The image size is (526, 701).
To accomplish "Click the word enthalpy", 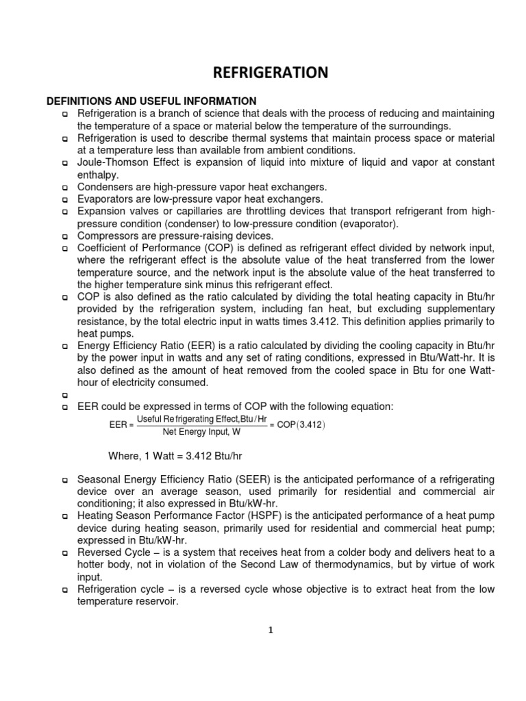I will pyautogui.click(x=97, y=175).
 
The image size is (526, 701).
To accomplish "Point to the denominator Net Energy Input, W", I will pyautogui.click(x=201, y=432).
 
